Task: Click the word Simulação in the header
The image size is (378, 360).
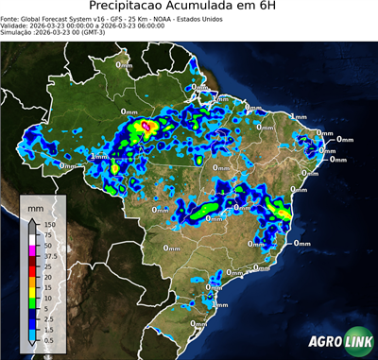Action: coord(20,32)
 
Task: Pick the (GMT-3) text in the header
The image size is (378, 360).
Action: coord(113,32)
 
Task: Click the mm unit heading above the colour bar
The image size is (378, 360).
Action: coord(35,206)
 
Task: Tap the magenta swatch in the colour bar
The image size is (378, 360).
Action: coord(32,246)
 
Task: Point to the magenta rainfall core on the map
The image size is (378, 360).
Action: coord(146,124)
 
